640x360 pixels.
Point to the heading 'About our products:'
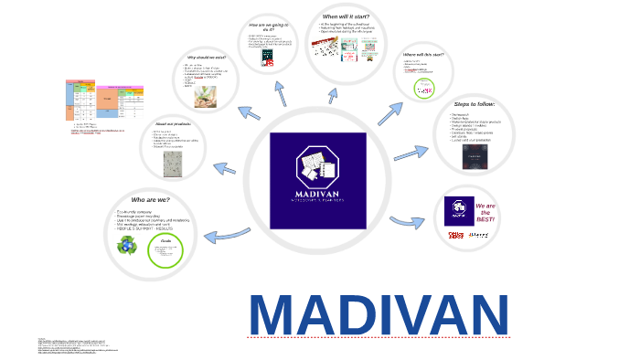[172, 123]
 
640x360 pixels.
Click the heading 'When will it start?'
[346, 16]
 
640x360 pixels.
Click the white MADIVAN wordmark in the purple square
[317, 196]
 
